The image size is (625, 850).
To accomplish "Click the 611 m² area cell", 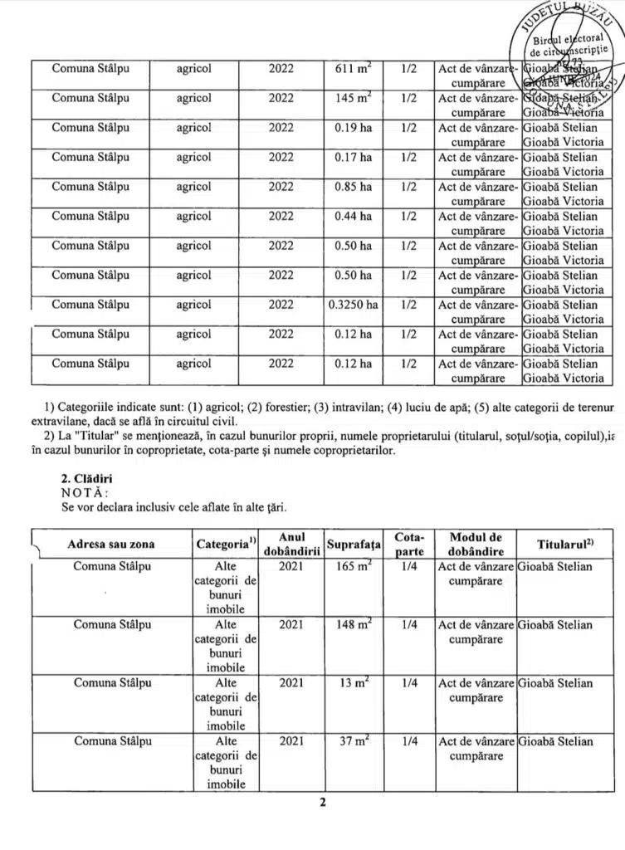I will (354, 68).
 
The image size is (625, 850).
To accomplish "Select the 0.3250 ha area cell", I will (354, 305).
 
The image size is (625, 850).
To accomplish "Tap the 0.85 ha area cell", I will (354, 187).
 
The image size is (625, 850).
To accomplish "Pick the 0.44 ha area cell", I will (354, 216).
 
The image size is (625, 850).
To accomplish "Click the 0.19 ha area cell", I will (354, 128).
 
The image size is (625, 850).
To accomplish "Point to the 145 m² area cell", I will (354, 98).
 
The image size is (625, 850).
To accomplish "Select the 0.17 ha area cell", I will (354, 157).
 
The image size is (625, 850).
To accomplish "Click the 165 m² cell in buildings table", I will (354, 566).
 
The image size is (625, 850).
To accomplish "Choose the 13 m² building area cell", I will (354, 683).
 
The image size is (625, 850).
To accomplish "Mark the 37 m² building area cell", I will (354, 741).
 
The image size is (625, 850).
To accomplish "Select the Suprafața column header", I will (354, 545).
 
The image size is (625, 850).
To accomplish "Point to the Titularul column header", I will (568, 544).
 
